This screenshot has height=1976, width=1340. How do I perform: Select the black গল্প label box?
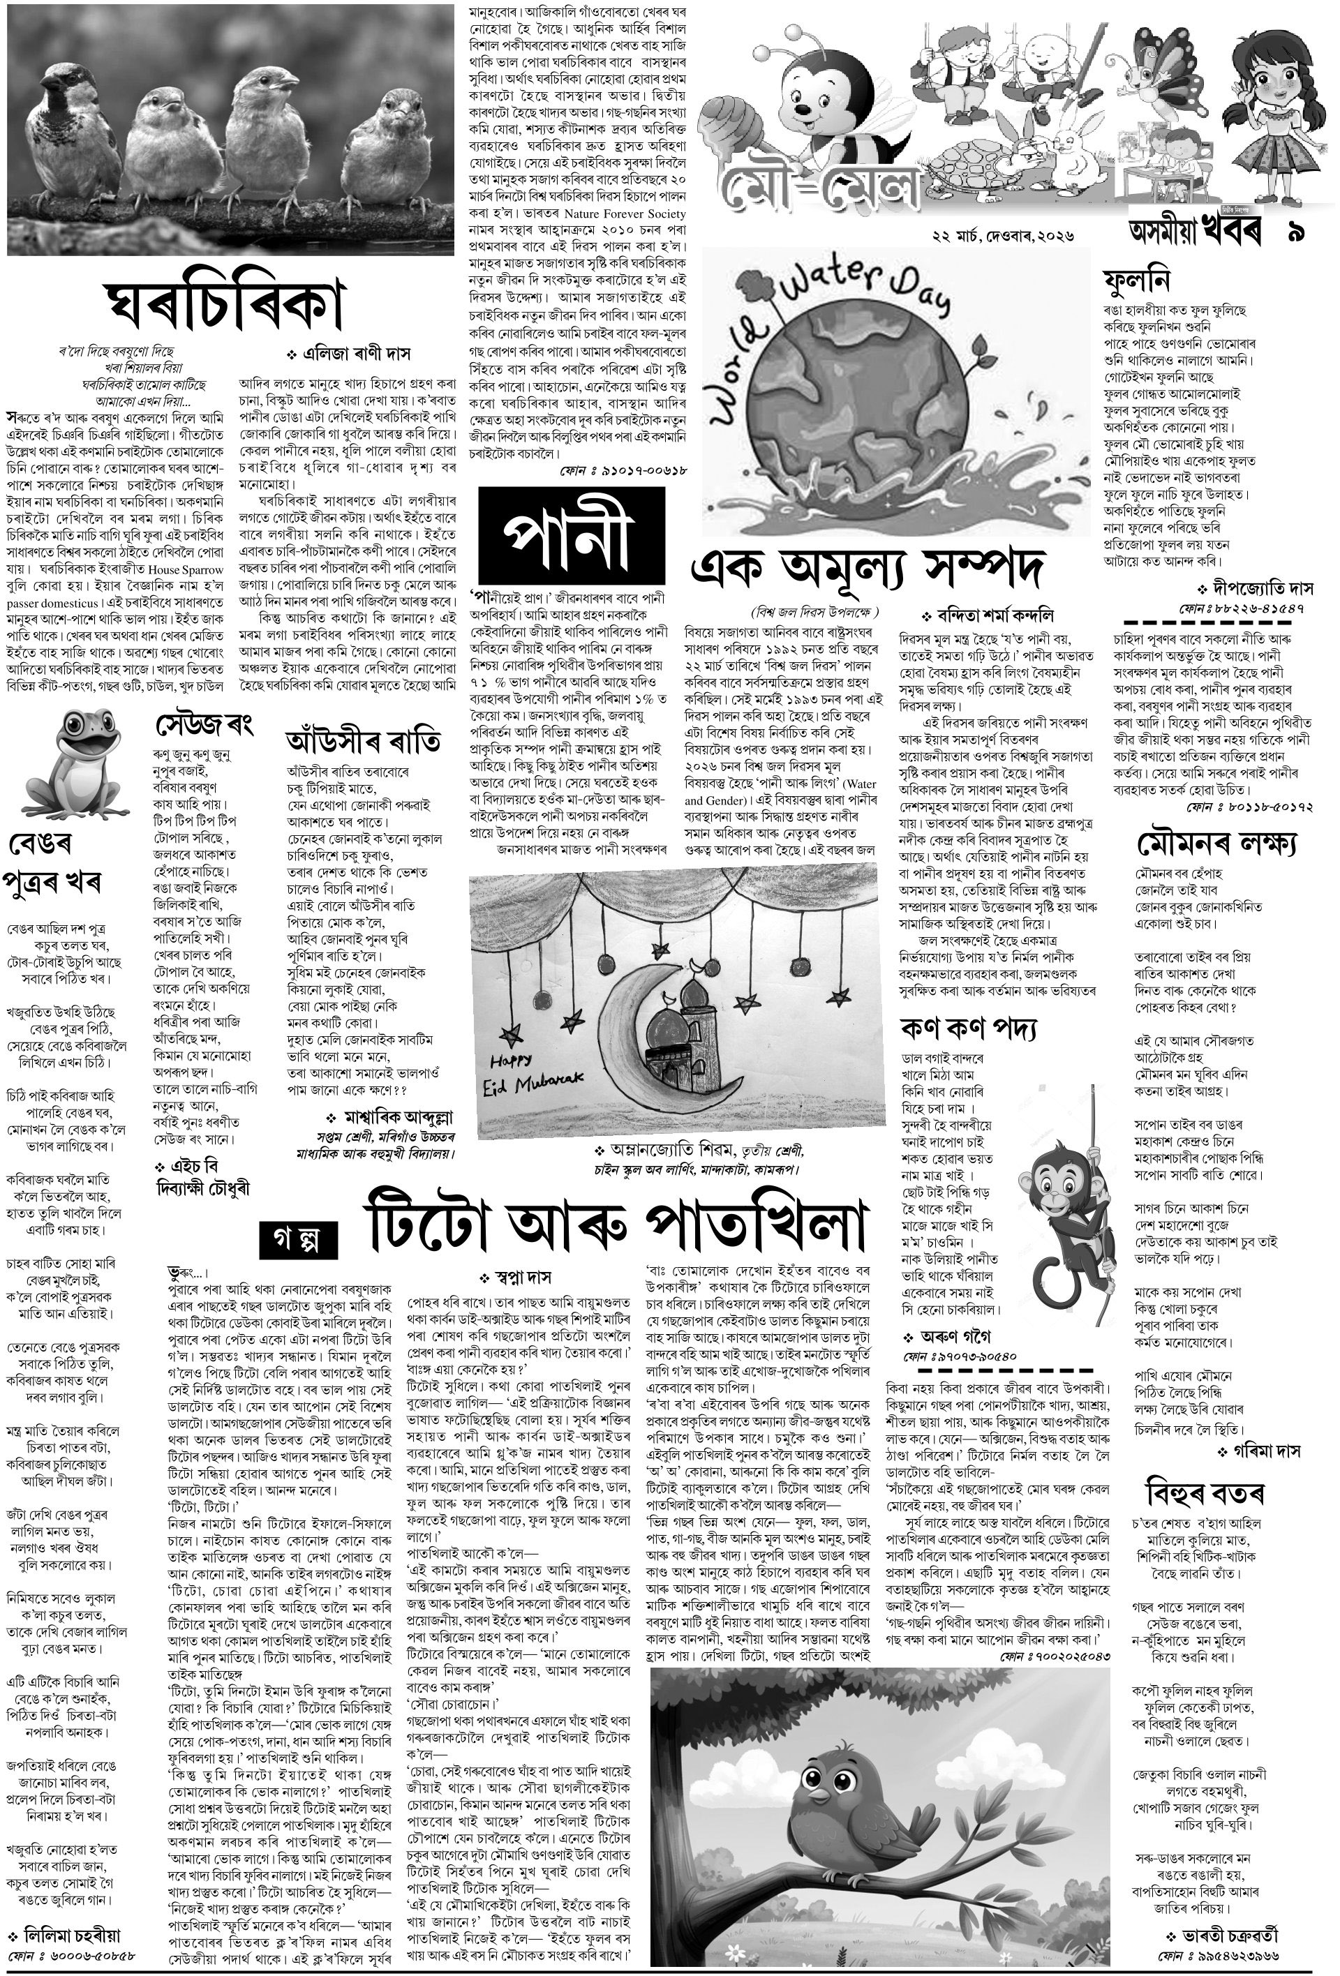tap(299, 1241)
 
